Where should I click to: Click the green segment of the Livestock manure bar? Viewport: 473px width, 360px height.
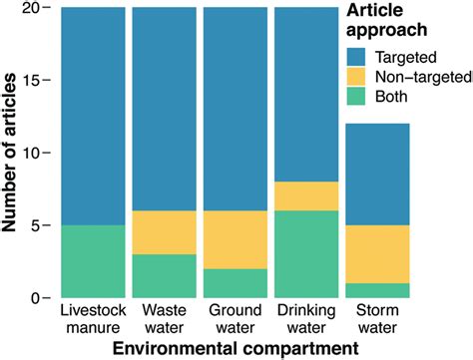point(93,261)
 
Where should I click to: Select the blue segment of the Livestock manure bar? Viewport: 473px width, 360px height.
point(93,116)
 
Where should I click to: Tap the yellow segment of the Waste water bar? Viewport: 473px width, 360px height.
point(164,232)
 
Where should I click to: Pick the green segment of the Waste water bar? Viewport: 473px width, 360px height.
point(164,276)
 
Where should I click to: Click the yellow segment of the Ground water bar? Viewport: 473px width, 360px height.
point(235,239)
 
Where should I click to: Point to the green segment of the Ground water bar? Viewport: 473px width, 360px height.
point(235,283)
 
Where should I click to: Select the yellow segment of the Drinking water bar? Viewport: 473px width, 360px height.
point(305,195)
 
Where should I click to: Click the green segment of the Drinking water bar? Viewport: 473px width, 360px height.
point(305,254)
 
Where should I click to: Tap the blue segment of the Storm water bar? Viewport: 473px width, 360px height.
point(376,174)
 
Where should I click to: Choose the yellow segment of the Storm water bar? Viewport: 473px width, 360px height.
point(376,254)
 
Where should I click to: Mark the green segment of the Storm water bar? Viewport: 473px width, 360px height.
point(376,290)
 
